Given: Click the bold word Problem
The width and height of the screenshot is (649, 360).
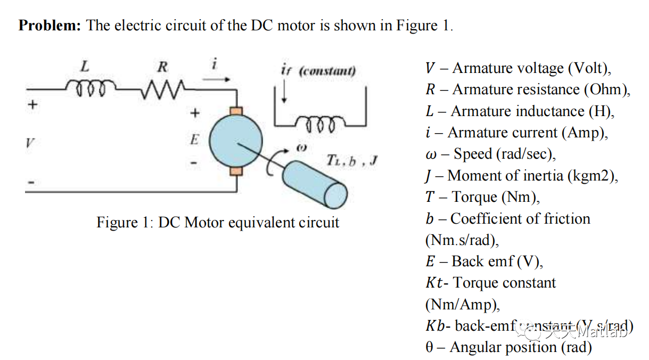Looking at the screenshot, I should pos(50,26).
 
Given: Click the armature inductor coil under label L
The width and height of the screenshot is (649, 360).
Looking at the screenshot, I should pos(88,86).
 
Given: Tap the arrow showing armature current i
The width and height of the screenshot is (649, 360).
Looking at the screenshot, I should pos(217,80).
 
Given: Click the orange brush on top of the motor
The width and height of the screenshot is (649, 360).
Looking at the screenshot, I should pos(236,111).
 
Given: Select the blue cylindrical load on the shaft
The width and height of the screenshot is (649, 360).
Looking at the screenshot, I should pos(314,184).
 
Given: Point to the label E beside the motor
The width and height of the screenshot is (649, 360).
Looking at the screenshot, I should pos(194,140).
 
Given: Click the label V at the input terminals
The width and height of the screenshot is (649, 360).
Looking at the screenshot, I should pos(30,143).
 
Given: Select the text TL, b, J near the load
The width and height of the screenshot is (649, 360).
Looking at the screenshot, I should pos(351,160).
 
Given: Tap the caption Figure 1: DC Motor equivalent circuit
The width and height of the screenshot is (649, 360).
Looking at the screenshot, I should pos(217,222).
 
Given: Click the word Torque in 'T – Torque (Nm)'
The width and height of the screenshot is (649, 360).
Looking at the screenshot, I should pos(474,197).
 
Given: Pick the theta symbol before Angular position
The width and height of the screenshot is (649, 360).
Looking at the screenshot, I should pos(430,347).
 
